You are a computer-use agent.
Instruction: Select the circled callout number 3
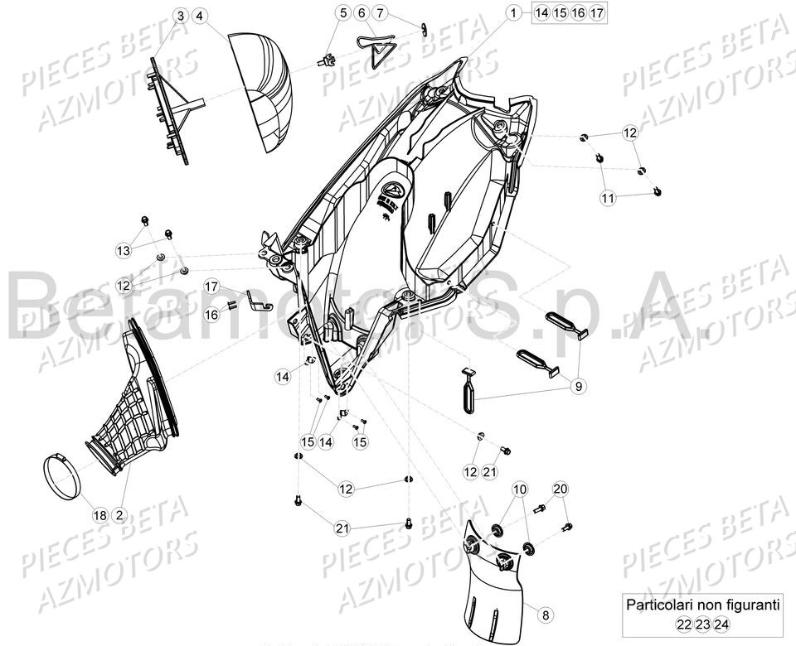[181, 16]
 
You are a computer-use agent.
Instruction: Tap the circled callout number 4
[201, 16]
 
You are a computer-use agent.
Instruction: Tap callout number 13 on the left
[123, 250]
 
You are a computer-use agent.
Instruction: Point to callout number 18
[99, 515]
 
